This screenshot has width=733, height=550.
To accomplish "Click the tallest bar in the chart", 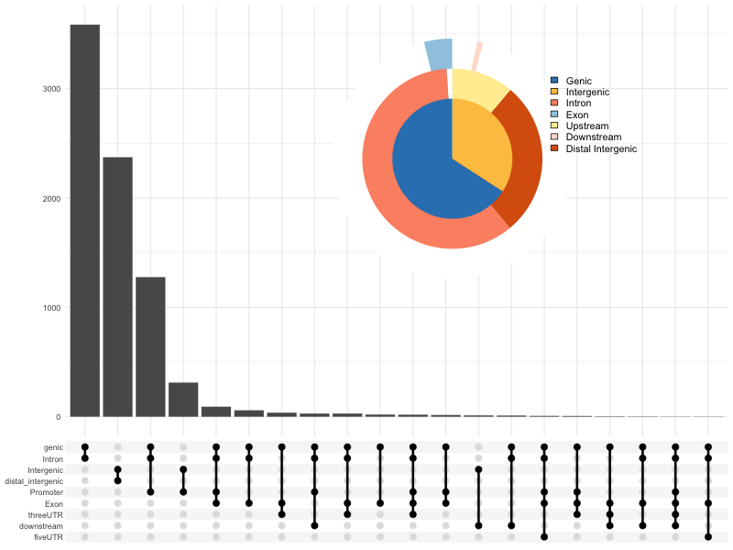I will click(x=84, y=220).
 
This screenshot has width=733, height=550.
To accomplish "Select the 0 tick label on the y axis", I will click(x=58, y=417).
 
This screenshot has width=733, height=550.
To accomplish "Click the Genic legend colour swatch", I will click(x=554, y=81).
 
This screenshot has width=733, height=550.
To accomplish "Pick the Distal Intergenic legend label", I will click(x=601, y=148).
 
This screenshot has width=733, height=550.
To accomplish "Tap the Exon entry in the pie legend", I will click(x=577, y=115).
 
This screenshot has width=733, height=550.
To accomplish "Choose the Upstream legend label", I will click(x=587, y=126).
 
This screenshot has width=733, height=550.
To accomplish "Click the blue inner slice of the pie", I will click(x=431, y=165).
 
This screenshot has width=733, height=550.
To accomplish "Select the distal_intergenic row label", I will click(x=35, y=481).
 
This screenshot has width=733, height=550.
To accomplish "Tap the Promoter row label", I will click(x=46, y=492).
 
